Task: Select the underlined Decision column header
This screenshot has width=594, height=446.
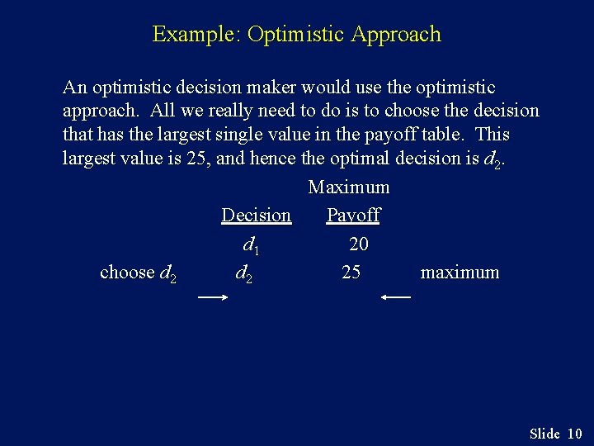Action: [256, 216]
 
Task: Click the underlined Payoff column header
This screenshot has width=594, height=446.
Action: [353, 216]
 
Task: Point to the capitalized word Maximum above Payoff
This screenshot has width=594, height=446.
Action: [349, 187]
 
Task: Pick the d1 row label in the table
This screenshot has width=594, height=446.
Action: [252, 244]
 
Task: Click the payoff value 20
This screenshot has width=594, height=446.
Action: [359, 244]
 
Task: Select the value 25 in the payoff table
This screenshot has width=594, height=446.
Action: [351, 273]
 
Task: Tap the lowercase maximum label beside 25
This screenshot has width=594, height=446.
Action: [460, 273]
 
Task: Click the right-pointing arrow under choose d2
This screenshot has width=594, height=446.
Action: [213, 297]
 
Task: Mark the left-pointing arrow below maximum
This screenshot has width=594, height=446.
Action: [396, 297]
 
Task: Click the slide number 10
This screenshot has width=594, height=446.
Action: [575, 434]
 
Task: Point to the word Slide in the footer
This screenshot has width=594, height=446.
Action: [544, 434]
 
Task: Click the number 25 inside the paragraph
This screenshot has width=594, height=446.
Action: [196, 158]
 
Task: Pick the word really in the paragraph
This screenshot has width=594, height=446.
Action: [235, 111]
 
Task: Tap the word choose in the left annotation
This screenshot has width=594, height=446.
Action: [127, 273]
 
